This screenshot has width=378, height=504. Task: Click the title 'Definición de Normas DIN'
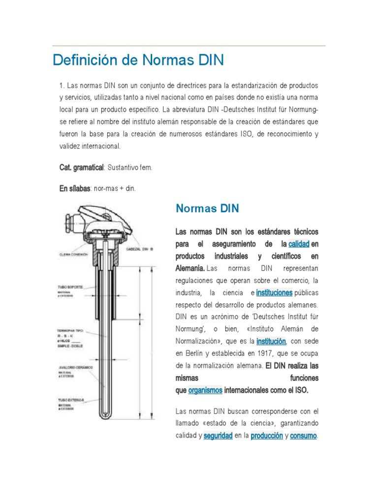point(138,60)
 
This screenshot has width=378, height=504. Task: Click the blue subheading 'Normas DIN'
point(207,208)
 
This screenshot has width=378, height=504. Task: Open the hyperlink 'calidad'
point(299,244)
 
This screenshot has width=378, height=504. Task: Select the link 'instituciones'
point(275,292)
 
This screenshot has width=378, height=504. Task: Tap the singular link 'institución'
point(271,341)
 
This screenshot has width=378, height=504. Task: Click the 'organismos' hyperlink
point(205,390)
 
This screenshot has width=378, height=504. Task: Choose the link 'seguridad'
point(218,436)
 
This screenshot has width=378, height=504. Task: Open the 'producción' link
point(266,436)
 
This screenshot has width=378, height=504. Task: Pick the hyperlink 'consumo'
point(304,436)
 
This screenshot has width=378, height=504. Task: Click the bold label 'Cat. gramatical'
point(81,168)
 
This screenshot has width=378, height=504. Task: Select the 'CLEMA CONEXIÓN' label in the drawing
point(73,254)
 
